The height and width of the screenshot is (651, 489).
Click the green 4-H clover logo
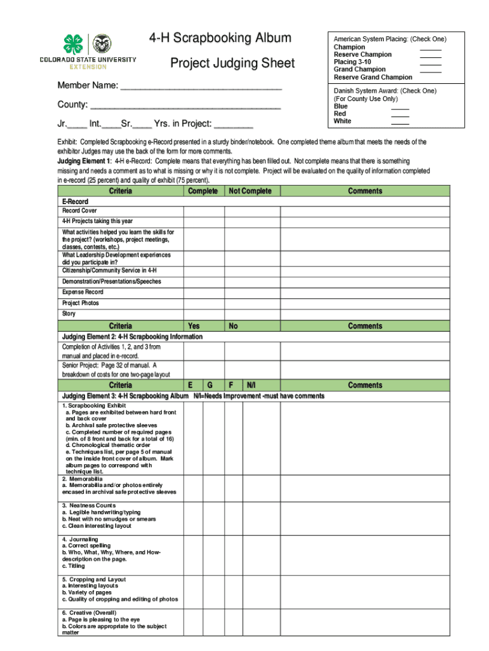(72, 45)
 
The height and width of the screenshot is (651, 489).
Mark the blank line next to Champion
(431, 48)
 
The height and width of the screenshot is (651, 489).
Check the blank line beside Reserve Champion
(431, 56)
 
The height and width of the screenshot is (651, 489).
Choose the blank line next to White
(400, 123)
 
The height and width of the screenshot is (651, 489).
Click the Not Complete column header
(250, 191)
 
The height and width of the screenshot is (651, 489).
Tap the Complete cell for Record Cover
(204, 211)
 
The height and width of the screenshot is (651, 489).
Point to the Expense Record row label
(83, 292)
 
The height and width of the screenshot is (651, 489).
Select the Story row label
(69, 314)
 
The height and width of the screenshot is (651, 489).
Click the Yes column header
(194, 326)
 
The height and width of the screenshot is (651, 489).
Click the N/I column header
(251, 385)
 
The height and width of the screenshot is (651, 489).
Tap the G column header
(210, 385)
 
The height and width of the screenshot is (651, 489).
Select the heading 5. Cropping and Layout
(93, 580)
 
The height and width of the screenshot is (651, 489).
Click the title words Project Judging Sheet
(232, 64)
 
